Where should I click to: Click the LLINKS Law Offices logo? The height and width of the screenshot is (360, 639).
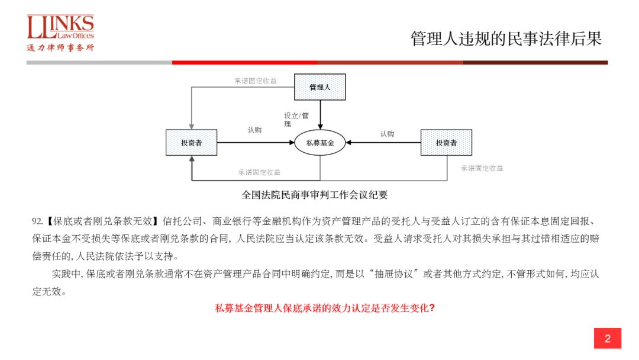[60, 33]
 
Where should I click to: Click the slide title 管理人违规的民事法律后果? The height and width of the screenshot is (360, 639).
[506, 39]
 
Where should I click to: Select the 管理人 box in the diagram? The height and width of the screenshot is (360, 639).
[320, 87]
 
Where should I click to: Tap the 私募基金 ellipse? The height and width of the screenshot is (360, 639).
[320, 143]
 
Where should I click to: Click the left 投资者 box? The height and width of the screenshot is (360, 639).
[191, 143]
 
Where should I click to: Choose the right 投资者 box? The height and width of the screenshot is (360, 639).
[446, 143]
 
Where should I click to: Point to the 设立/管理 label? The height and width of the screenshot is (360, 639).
[296, 120]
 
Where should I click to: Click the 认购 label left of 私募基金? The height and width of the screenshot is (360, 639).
[254, 130]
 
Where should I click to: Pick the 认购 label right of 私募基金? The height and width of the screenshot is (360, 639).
[387, 134]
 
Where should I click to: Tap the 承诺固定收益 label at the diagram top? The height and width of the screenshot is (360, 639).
[256, 81]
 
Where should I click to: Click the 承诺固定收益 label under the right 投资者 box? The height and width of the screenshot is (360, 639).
[482, 168]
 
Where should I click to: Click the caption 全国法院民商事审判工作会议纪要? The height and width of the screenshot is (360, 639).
[315, 195]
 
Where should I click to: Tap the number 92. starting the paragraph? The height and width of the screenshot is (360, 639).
[37, 222]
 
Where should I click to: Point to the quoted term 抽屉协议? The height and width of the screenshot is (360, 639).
[397, 274]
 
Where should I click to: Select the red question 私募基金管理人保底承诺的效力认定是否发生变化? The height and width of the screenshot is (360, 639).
[325, 308]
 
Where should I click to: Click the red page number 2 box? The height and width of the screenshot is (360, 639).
[607, 339]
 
